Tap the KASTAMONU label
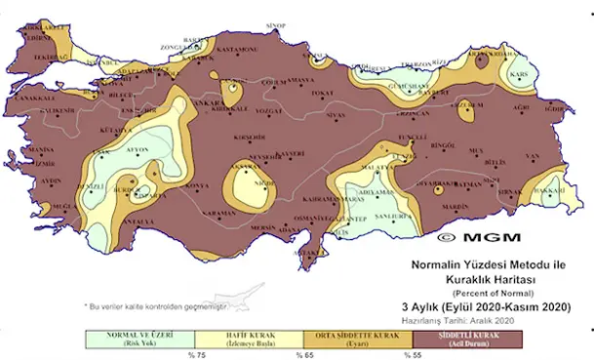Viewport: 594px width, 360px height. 235,50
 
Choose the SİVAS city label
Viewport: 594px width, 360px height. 337,115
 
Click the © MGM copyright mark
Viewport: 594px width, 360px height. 478,237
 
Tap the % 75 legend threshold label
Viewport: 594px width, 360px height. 193,352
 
